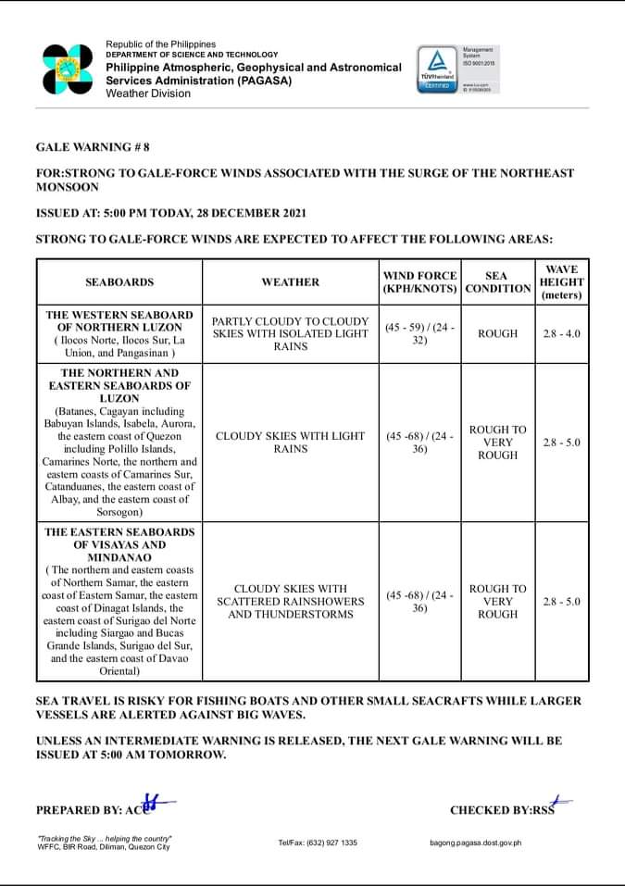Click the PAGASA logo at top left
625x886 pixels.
68,69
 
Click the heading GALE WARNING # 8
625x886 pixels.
93,147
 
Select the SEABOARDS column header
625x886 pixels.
119,281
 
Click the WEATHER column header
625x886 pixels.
290,281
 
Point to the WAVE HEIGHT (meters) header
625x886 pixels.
561,281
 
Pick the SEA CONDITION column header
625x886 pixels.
497,281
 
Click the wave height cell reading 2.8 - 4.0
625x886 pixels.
561,333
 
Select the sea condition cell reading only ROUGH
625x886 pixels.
497,333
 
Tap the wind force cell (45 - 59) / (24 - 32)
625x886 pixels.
419,333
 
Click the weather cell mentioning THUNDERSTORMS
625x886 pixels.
290,602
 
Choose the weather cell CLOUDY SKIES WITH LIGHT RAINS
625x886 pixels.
290,443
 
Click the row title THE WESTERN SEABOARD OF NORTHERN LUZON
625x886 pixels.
119,320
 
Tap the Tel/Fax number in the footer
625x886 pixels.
318,842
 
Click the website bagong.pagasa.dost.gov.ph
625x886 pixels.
476,842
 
